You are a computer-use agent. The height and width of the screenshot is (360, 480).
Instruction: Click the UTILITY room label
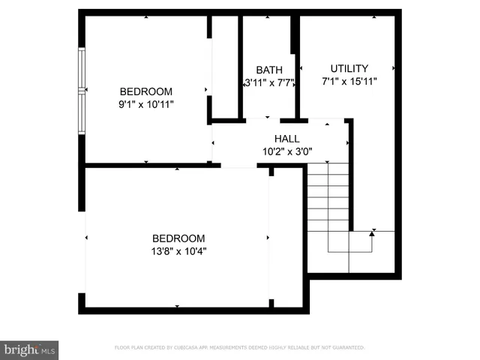[x=349, y=68]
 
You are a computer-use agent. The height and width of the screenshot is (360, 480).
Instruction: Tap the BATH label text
[x=268, y=70]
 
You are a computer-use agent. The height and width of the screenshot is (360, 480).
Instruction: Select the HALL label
[x=286, y=139]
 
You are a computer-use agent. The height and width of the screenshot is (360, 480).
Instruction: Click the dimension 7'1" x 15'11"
[x=349, y=81]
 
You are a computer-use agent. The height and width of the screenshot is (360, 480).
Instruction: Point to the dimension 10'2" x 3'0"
[x=286, y=151]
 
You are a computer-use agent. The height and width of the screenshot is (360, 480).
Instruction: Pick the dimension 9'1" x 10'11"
[x=146, y=105]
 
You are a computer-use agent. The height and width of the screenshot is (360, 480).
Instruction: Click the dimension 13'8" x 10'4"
[x=178, y=252]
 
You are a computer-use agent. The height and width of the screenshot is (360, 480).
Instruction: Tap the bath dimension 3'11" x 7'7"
[x=268, y=82]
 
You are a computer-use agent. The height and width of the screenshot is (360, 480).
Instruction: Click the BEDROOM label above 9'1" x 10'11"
[x=146, y=92]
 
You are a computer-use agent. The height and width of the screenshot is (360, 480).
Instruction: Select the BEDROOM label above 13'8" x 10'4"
[x=178, y=238]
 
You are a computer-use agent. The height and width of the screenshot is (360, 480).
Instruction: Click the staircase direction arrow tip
[x=373, y=233]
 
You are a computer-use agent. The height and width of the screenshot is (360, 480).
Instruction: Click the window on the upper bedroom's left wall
[x=82, y=91]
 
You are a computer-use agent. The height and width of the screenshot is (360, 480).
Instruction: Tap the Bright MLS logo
[x=29, y=349]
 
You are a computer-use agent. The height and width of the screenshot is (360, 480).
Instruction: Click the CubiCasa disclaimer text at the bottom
[x=239, y=348]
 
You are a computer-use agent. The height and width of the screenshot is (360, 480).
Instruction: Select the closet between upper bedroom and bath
[x=225, y=67]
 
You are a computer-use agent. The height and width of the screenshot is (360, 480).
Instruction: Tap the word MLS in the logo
[x=48, y=350]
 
